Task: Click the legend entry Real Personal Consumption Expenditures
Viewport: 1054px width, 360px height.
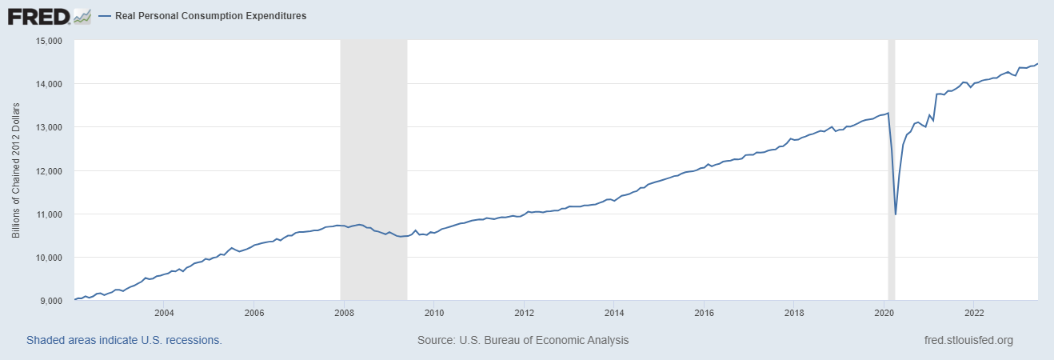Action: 203,16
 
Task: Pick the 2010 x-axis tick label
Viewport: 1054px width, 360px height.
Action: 433,313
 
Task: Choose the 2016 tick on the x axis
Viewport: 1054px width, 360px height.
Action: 704,313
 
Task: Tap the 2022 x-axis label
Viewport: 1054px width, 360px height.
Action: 974,313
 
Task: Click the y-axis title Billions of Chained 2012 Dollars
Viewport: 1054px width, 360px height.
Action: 16,171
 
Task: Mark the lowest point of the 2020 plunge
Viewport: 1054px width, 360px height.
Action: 896,214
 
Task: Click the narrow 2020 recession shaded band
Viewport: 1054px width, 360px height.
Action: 891,160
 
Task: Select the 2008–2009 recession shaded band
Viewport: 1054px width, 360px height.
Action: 374,160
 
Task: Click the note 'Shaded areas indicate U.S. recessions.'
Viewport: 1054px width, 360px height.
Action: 124,341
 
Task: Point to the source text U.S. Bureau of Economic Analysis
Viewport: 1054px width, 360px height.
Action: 523,341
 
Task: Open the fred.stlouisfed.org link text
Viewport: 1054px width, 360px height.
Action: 968,341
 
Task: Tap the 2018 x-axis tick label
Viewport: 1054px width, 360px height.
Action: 793,313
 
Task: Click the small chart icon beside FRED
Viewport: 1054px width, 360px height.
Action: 82,15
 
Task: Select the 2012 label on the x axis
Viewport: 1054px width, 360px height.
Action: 524,313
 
